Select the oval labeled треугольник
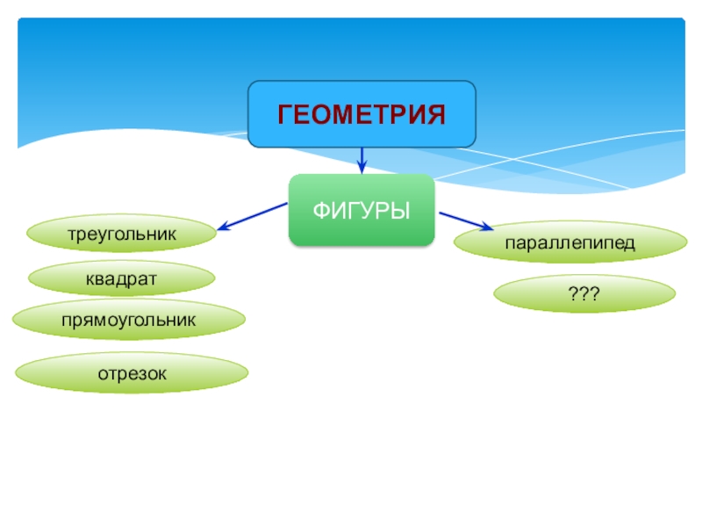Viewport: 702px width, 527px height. pos(121,235)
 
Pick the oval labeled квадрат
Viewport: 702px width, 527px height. pos(121,278)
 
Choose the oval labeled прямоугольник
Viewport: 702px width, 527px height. pos(128,320)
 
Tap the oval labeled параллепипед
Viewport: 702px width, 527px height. pos(569,242)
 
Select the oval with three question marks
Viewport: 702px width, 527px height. pos(584,295)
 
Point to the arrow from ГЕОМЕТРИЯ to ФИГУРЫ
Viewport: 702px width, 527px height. pos(362,159)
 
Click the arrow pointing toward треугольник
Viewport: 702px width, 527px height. pos(253,216)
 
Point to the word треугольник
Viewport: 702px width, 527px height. pos(121,235)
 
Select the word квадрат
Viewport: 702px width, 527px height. pos(121,278)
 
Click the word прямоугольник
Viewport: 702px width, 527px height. pos(128,320)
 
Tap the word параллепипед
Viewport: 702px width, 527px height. pos(569,242)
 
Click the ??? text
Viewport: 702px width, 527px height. pos(584,295)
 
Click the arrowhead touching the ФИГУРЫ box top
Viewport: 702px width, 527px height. pos(362,168)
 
